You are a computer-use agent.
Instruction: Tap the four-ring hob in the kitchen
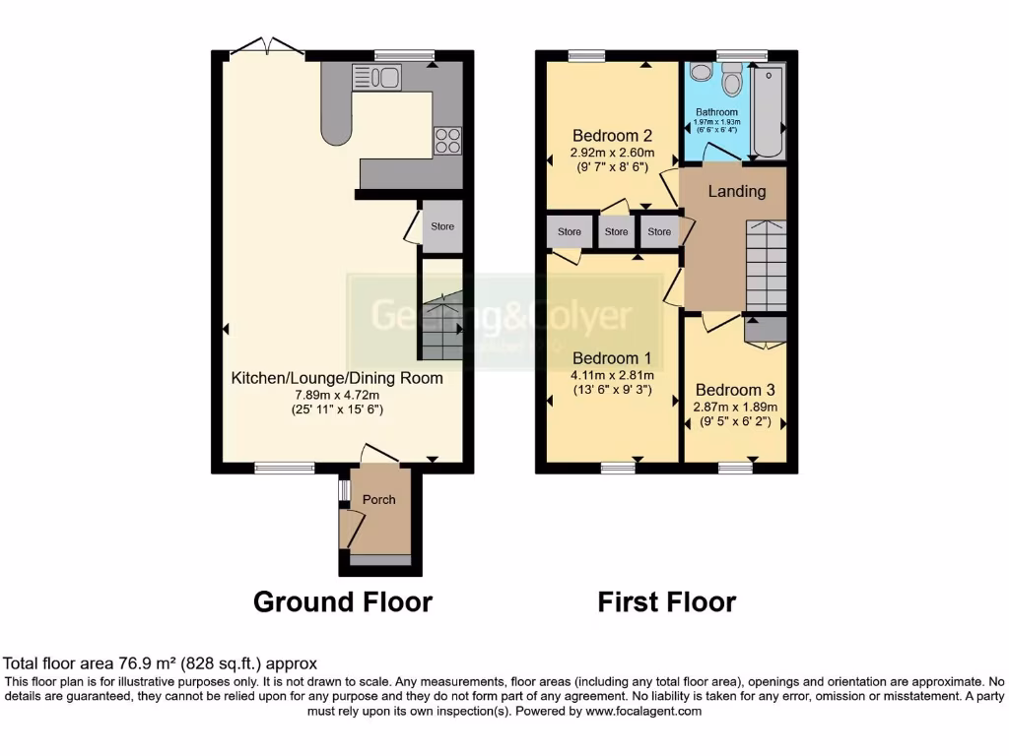(447, 141)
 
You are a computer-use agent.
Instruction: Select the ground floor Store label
(442, 226)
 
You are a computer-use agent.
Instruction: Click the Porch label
(378, 500)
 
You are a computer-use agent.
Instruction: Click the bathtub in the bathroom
(768, 111)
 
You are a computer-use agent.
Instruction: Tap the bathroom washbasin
(701, 72)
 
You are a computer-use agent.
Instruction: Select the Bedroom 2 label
(613, 135)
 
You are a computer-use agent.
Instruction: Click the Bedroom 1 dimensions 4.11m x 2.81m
(613, 375)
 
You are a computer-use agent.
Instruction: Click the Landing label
(737, 191)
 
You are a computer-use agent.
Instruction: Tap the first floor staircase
(766, 265)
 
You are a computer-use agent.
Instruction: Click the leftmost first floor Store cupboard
(570, 232)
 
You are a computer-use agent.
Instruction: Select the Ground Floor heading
(343, 601)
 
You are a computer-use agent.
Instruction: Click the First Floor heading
(666, 601)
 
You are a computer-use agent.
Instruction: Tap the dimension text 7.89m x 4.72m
(337, 394)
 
